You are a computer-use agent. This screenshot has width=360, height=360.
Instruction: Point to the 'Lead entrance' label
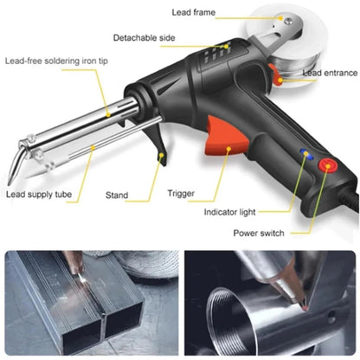(x=320, y=74)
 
